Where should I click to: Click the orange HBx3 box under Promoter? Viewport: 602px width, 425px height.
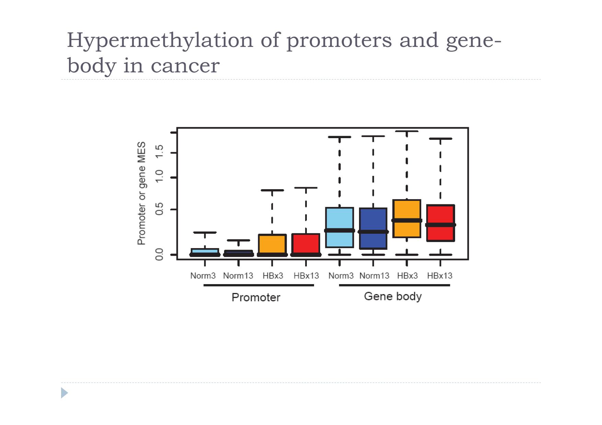pyautogui.click(x=272, y=244)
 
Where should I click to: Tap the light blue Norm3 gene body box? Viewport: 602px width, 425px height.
pyautogui.click(x=339, y=227)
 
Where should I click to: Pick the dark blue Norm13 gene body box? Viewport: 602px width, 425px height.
pyautogui.click(x=373, y=228)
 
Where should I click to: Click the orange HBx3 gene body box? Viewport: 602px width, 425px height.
pyautogui.click(x=407, y=218)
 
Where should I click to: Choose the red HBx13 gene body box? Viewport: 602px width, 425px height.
pyautogui.click(x=440, y=223)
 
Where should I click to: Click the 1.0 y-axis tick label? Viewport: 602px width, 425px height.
pyautogui.click(x=159, y=177)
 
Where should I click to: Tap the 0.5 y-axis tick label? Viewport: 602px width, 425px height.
pyautogui.click(x=159, y=209)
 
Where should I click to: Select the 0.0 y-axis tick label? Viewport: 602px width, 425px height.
pyautogui.click(x=159, y=254)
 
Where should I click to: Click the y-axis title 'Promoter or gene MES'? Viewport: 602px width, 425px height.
pyautogui.click(x=141, y=193)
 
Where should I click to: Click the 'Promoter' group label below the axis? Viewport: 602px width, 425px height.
pyautogui.click(x=256, y=297)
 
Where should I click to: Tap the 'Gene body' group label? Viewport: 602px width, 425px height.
pyautogui.click(x=393, y=296)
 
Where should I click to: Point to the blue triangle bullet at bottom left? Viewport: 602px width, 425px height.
pyautogui.click(x=65, y=393)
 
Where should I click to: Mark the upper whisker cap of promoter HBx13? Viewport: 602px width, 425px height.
pyautogui.click(x=305, y=188)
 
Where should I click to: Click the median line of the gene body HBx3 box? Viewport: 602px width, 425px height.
pyautogui.click(x=407, y=220)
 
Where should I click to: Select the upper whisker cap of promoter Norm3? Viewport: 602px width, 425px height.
pyautogui.click(x=205, y=232)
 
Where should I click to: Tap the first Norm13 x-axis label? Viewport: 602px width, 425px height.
pyautogui.click(x=238, y=276)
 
